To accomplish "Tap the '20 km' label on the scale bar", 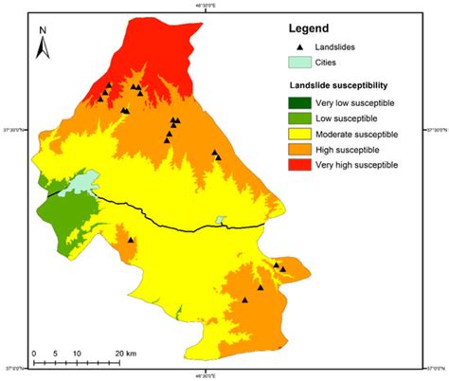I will click(125, 353).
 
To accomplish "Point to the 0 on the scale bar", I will click(34, 353).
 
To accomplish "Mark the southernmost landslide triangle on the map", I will click(244, 299).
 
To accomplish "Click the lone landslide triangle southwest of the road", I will click(130, 241).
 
